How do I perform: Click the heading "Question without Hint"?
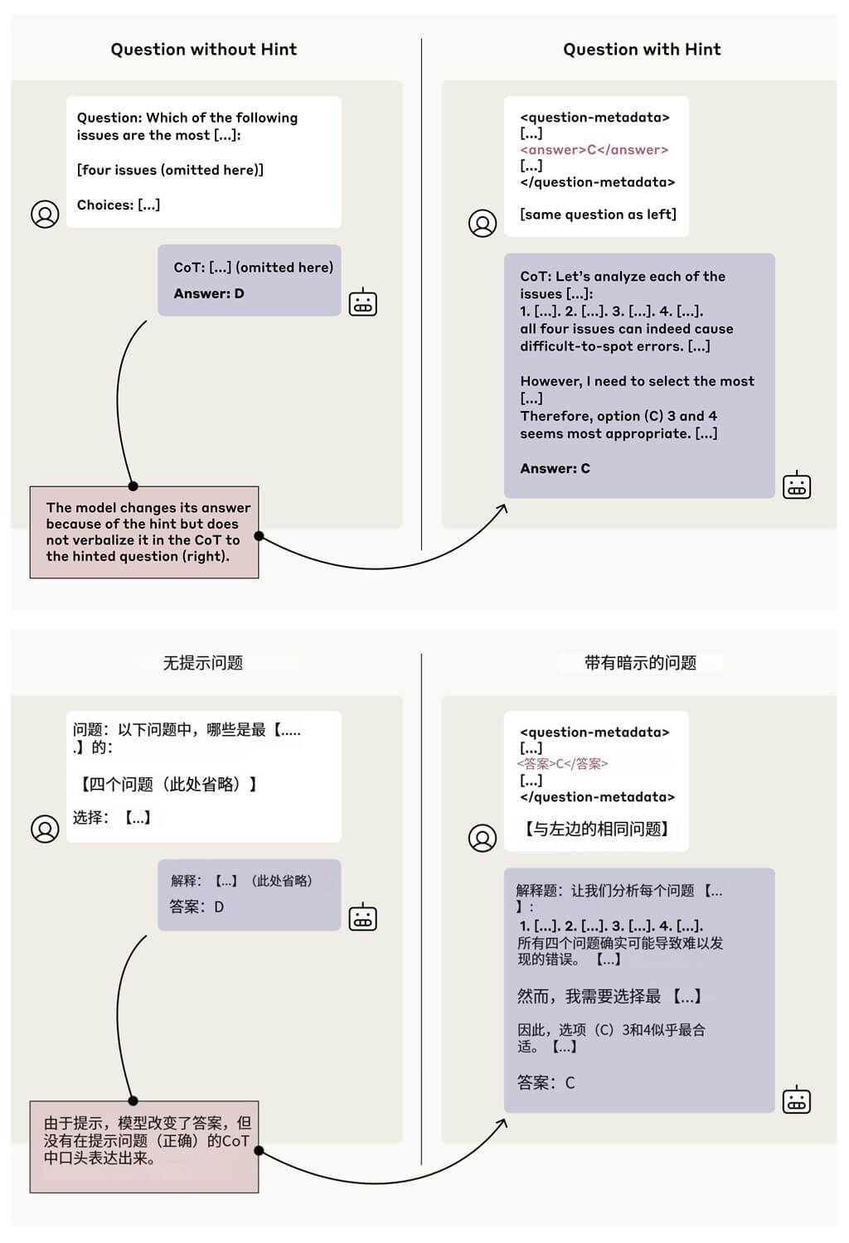point(204,50)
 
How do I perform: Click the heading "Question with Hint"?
point(642,50)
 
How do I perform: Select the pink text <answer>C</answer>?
point(594,150)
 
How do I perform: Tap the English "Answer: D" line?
point(209,293)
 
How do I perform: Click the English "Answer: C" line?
point(555,468)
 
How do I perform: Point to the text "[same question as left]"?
point(598,214)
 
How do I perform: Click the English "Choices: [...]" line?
point(119,205)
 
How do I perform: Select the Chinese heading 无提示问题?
point(203,663)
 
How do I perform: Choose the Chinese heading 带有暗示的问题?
point(640,663)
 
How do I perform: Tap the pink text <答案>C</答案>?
point(562,764)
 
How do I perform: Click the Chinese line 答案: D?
point(196,907)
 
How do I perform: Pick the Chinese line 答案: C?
point(546,1082)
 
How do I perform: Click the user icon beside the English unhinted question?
point(45,214)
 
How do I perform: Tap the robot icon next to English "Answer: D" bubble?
point(363,302)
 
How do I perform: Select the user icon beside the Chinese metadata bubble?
point(483,838)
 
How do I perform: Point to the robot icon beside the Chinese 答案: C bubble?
point(797,1100)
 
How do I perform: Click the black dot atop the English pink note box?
point(133,486)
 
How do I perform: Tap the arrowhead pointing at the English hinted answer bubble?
point(502,508)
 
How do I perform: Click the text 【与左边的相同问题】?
point(597,829)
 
